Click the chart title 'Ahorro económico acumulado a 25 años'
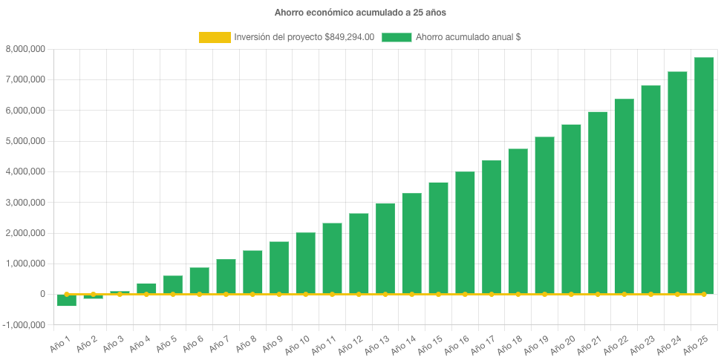coord(360,12)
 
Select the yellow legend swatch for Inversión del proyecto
coord(215,37)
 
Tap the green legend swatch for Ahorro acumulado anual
coord(397,37)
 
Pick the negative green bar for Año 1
coord(67,300)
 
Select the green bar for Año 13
coord(385,249)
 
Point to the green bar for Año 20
coord(571,209)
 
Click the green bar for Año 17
coord(491,227)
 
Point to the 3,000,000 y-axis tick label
coord(26,203)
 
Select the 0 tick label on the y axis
coord(43,295)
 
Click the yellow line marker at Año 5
coord(173,295)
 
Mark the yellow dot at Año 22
coord(624,295)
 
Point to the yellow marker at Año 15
coord(438,295)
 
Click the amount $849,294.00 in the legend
coord(349,37)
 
